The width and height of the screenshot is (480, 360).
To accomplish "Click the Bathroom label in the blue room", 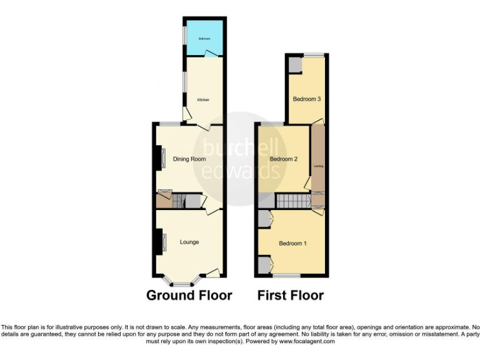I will pyautogui.click(x=204, y=39).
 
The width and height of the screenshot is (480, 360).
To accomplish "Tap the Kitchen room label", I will pyautogui.click(x=203, y=100).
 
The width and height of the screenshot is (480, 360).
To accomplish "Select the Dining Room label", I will pyautogui.click(x=189, y=159).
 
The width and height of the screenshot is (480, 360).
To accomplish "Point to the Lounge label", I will pyautogui.click(x=189, y=242).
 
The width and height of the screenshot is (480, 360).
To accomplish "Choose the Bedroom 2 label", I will pyautogui.click(x=283, y=159).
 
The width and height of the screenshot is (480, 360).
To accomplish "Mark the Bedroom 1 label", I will pyautogui.click(x=292, y=243).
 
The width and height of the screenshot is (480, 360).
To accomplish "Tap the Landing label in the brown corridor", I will pyautogui.click(x=318, y=166).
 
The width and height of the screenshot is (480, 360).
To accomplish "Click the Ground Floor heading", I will pyautogui.click(x=189, y=295).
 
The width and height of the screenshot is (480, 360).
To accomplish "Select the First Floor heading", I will pyautogui.click(x=291, y=295).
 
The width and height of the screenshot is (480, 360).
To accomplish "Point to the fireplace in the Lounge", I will pyautogui.click(x=161, y=241).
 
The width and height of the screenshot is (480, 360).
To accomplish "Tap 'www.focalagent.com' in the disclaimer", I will pyautogui.click(x=304, y=341).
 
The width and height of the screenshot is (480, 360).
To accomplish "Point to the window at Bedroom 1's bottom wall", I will pyautogui.click(x=286, y=275).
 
